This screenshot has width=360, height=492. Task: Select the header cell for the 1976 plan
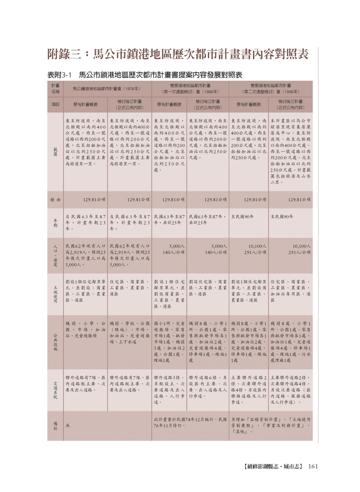[x=107, y=89]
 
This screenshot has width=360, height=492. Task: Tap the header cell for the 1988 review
[x=190, y=89]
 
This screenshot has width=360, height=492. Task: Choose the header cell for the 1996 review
[x=271, y=89]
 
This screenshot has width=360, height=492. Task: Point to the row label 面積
[x=55, y=200]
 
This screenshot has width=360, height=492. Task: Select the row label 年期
[x=55, y=223]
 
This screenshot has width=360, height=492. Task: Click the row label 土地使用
[x=55, y=294]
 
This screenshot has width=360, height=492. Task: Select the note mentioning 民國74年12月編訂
[x=190, y=423]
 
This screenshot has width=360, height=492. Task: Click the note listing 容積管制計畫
[x=271, y=426]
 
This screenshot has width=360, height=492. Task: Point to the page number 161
[x=313, y=466]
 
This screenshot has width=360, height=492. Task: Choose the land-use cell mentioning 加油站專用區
[x=290, y=291]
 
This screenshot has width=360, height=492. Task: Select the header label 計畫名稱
[x=55, y=89]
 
